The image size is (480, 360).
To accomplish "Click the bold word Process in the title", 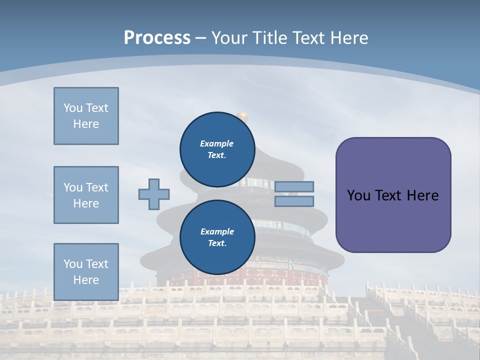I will pos(157,37).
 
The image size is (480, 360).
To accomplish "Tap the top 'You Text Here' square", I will pos(86,116).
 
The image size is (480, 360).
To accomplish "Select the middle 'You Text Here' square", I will pos(86,195).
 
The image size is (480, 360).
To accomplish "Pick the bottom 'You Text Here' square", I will pos(86,272).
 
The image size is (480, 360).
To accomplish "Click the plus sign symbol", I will pos(154,194).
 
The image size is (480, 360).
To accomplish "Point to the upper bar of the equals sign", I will pos(294,186).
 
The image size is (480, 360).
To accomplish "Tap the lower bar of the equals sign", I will pos(294,201).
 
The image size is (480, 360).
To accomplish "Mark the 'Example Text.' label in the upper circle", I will pos(217,149).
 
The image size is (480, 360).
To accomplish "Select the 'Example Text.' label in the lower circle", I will pos(217,237).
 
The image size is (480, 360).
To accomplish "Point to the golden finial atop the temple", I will pos(242,116).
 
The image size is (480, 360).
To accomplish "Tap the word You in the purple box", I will pos(358,195).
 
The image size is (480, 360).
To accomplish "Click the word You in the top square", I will pos(73,108).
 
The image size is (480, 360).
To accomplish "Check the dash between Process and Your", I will pos(200,38).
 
